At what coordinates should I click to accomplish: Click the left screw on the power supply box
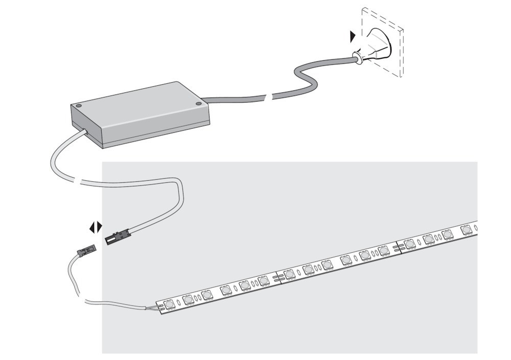(79, 106)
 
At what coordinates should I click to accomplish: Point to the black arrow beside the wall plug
(353, 36)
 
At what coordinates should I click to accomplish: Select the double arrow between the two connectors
(96, 227)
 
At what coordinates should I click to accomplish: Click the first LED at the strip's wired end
(169, 304)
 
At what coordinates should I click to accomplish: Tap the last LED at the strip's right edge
(466, 230)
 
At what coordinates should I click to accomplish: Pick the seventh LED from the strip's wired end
(290, 274)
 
